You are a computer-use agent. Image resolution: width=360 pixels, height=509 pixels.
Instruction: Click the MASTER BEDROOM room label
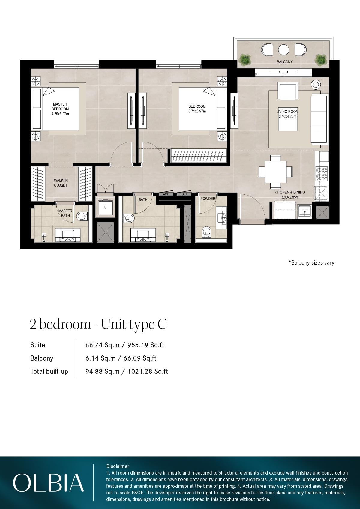(x=60, y=107)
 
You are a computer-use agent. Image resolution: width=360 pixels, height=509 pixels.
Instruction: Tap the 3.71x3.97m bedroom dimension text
(x=197, y=111)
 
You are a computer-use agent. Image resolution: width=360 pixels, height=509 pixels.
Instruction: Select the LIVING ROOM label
(x=287, y=112)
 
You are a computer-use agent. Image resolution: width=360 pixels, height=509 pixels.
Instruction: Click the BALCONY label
(x=284, y=62)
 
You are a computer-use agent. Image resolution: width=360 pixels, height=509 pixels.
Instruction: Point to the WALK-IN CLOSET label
(x=61, y=183)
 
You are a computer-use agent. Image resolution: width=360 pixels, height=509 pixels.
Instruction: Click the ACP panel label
(x=166, y=194)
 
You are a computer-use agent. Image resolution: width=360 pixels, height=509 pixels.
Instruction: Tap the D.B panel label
(x=184, y=194)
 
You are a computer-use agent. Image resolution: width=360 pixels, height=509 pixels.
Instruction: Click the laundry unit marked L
(x=105, y=207)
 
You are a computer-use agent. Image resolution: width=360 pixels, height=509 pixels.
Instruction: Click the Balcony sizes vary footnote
(x=311, y=263)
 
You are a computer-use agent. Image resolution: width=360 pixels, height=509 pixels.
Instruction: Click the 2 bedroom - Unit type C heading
(x=98, y=324)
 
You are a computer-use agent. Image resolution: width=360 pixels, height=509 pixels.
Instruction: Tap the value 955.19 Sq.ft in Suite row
(x=146, y=345)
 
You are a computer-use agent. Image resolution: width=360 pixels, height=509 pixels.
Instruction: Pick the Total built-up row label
(x=49, y=371)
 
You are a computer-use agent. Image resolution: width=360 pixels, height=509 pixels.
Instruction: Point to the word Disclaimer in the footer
(x=118, y=466)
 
